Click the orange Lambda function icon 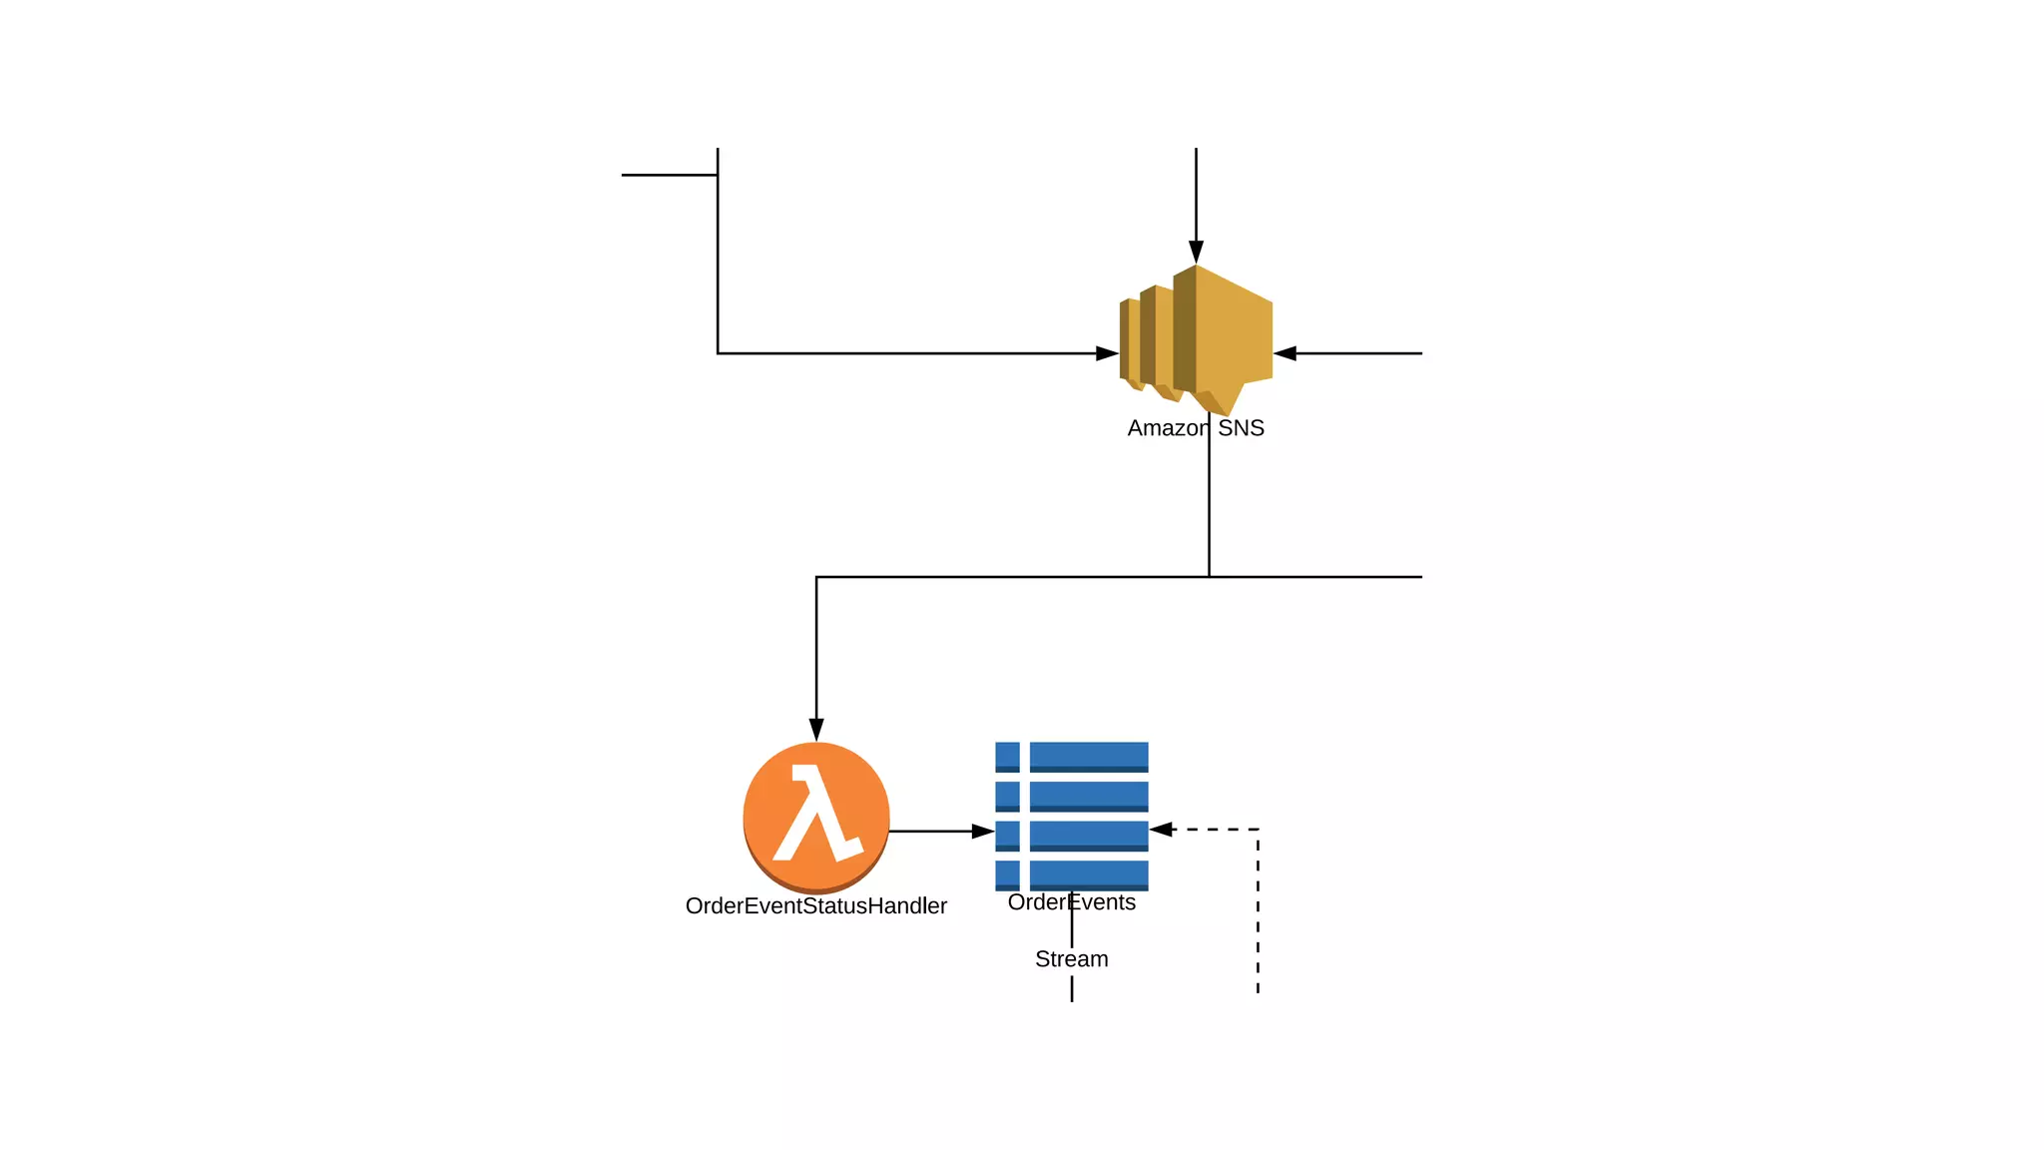coord(816,817)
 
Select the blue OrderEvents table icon coord(1071,816)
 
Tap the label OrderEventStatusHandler coord(815,906)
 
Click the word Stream coord(1071,959)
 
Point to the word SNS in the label coord(1241,428)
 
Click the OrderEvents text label coord(1071,902)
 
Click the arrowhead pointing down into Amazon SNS coord(1196,252)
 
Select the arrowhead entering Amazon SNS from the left coord(1107,353)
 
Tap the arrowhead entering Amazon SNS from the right coord(1285,353)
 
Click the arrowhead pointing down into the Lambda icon coord(816,729)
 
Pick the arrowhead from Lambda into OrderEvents coord(983,831)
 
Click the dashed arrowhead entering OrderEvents coord(1162,830)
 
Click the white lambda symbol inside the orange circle coord(816,813)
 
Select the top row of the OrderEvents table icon coord(1071,757)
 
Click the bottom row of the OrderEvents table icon coord(1071,874)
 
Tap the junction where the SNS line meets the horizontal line coord(1209,577)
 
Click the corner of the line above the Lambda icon coord(816,577)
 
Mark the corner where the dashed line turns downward coord(1258,830)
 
